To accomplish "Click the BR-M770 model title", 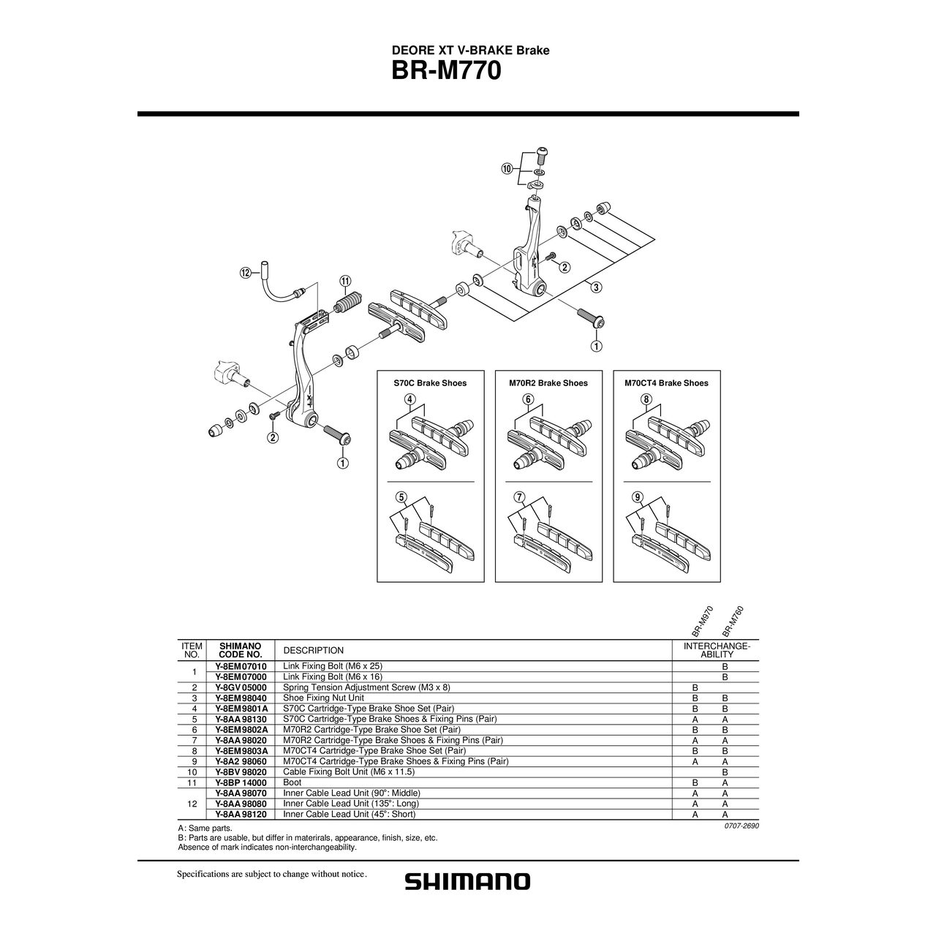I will pyautogui.click(x=446, y=72).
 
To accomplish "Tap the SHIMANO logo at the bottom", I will pyautogui.click(x=468, y=882).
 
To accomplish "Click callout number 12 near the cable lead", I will pyautogui.click(x=246, y=273).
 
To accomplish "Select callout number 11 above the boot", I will pyautogui.click(x=345, y=282).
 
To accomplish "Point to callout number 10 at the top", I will pyautogui.click(x=507, y=169).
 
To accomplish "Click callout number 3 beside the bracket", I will pyautogui.click(x=597, y=287).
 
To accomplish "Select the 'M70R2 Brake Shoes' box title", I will pyautogui.click(x=548, y=383).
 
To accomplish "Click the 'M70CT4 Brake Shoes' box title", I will pyautogui.click(x=666, y=383).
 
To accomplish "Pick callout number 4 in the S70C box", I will pyautogui.click(x=409, y=399).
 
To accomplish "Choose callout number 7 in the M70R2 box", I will pyautogui.click(x=519, y=497).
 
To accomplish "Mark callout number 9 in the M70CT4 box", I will pyautogui.click(x=638, y=497).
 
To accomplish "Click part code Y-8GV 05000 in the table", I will pyautogui.click(x=241, y=687).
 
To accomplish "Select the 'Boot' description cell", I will pyautogui.click(x=292, y=782).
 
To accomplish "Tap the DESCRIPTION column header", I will pyautogui.click(x=313, y=650).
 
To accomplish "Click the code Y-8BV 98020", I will pyautogui.click(x=241, y=772).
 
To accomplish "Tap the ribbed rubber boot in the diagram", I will pyautogui.click(x=348, y=303).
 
